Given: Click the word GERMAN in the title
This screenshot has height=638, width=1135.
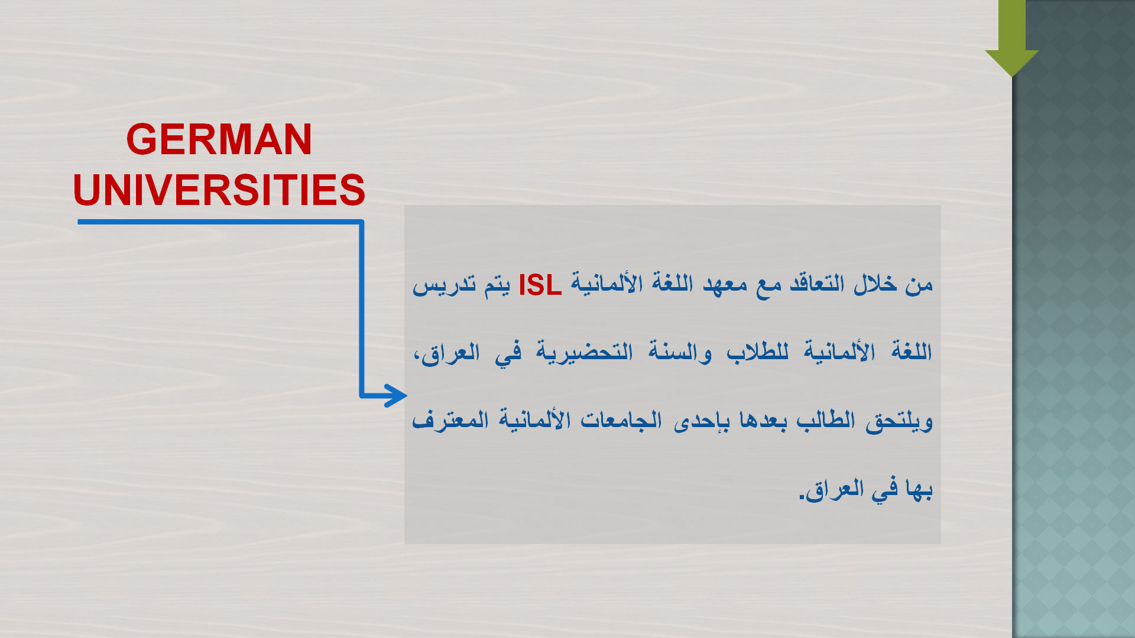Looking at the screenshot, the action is pos(219,140).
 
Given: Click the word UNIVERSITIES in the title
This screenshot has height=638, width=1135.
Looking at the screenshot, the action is pos(219,190).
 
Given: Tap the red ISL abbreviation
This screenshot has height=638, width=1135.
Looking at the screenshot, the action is pos(540,285).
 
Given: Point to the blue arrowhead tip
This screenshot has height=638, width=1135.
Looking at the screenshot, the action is pos(407,395).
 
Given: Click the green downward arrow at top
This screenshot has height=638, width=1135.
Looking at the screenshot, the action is pos(1012,38).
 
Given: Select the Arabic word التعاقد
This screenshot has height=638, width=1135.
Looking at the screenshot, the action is pos(816,284).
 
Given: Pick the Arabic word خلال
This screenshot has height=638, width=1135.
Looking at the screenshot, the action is pos(874,284).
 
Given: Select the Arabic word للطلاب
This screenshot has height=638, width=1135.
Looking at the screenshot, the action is pos(757,352).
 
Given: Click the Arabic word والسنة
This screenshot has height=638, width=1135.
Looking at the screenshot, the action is pos(680,352).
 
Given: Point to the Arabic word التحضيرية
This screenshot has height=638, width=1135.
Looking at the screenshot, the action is pos(585,352).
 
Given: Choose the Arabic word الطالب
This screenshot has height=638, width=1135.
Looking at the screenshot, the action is pos(826,420).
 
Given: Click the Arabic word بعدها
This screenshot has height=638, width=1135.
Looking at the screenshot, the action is pos(763,420).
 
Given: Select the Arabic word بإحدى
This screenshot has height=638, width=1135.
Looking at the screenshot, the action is pos(702,421).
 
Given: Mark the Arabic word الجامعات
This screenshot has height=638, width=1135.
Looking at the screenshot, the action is pos(621,420).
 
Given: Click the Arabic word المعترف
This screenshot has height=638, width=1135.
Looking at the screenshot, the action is pos(450,420).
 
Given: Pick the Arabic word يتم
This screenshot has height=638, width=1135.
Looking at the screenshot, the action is pos(497,286).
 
